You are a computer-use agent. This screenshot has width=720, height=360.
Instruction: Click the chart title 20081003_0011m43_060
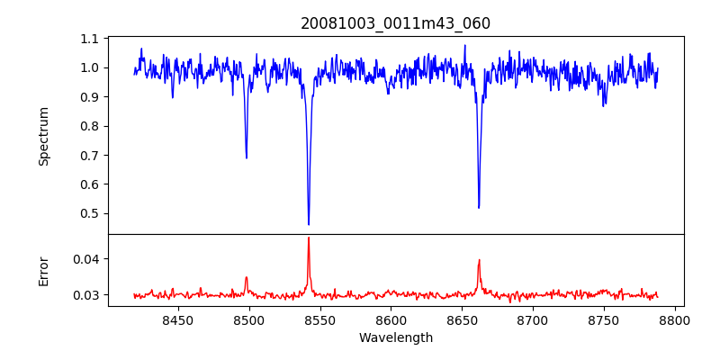[x=395, y=23]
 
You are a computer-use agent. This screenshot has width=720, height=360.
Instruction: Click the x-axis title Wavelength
[x=395, y=337]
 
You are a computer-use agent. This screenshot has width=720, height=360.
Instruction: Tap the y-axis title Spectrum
[x=43, y=136]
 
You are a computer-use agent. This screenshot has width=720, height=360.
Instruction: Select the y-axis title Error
[x=43, y=271]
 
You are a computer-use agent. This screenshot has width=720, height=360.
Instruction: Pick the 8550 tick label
[x=320, y=319]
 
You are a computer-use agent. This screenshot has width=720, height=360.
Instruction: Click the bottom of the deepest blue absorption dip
[x=309, y=224]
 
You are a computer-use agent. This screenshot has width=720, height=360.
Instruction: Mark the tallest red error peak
[x=309, y=238]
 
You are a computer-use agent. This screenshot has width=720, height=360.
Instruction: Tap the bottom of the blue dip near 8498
[x=247, y=158]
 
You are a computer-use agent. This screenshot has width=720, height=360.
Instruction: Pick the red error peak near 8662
[x=479, y=260]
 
